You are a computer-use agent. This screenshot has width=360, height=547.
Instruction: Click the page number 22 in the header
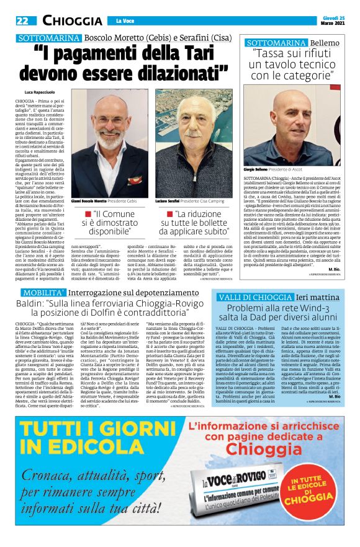tap(22, 20)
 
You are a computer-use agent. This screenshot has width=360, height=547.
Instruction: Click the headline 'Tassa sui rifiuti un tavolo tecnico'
tap(297, 66)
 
